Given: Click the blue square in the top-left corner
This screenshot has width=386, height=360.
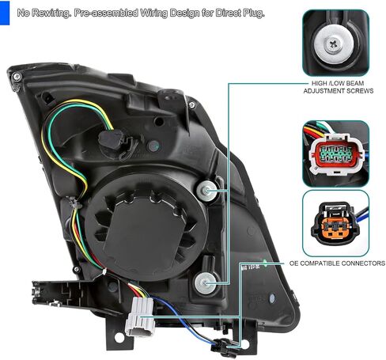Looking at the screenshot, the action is coord(5,13).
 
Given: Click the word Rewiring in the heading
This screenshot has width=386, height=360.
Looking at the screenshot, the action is coord(51,13).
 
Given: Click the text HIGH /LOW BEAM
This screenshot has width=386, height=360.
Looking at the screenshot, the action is coord(338,83).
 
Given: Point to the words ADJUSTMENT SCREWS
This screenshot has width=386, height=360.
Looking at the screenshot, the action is coord(339,91).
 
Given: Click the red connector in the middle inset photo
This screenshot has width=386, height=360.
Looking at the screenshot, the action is coord(337,154).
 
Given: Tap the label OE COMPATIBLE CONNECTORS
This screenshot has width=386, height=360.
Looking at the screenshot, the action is coord(337,263).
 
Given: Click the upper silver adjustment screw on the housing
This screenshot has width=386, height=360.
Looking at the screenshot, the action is coord(207,191).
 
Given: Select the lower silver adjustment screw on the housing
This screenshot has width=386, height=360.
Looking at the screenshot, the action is coord(205,283).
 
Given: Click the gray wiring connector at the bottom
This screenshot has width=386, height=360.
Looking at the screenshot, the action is coord(140,316).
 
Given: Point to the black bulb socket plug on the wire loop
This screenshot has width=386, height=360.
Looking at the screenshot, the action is coord(112,140).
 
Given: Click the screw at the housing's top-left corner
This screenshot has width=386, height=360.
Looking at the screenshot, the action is coord(17,77).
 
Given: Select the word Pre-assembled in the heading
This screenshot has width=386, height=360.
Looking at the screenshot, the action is coord(106,13).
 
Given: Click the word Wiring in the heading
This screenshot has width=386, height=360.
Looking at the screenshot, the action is coord(153,13).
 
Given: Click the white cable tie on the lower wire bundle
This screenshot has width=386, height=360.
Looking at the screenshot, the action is coord(104,271).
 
